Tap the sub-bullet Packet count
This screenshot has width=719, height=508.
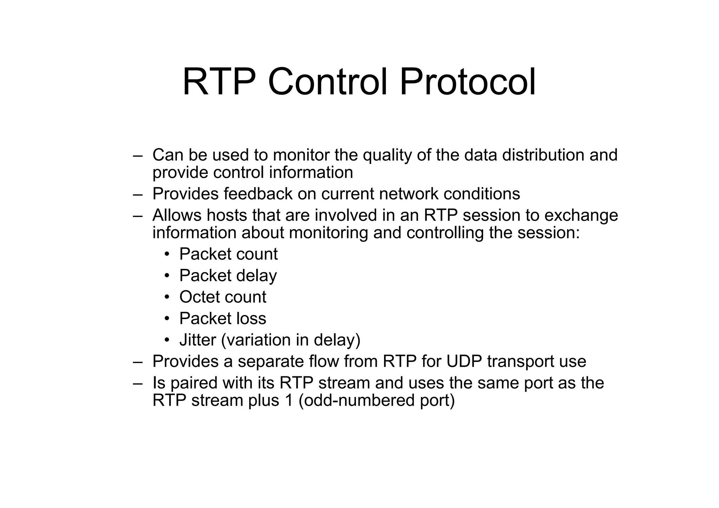click(228, 254)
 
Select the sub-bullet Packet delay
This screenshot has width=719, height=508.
click(228, 276)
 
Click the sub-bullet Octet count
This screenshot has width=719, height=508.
click(223, 297)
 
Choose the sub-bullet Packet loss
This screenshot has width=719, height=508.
click(223, 319)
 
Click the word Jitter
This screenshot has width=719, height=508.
click(198, 340)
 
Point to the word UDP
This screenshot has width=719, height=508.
click(464, 362)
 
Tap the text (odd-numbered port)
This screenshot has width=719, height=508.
click(376, 401)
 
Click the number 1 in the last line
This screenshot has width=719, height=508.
click(289, 401)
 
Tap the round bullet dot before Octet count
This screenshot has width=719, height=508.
click(167, 297)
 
